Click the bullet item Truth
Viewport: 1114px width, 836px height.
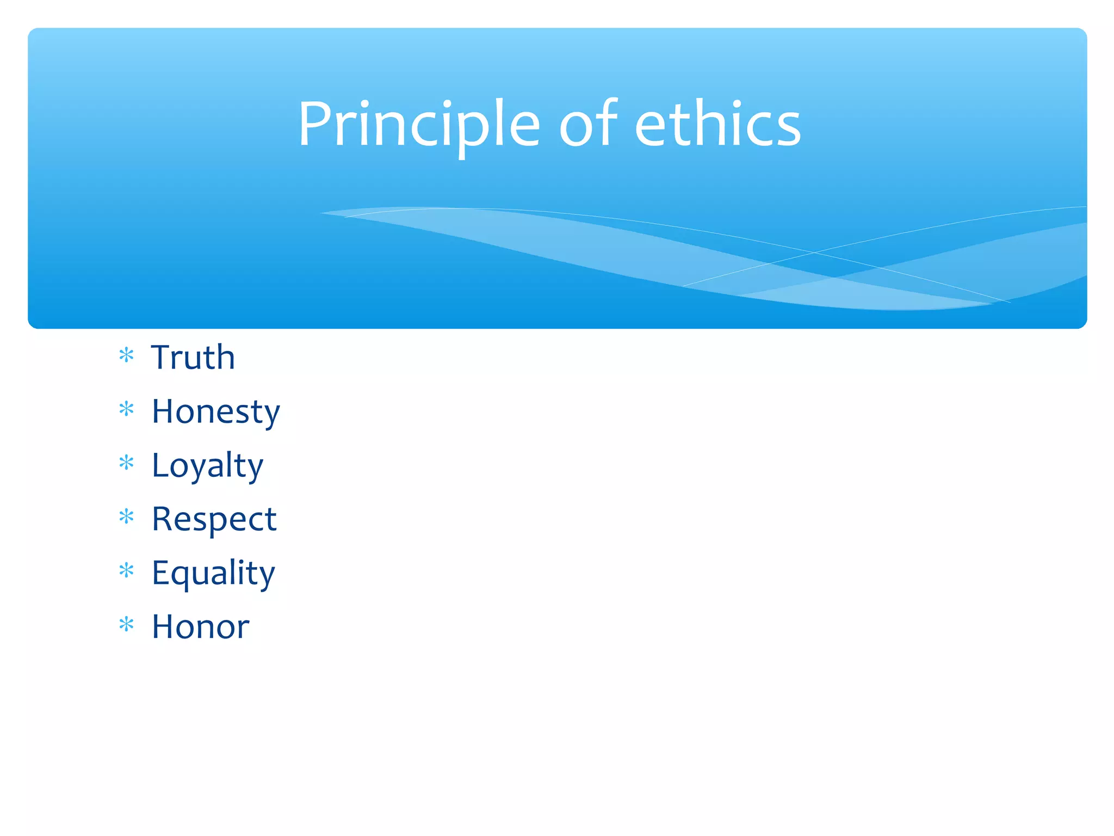193,358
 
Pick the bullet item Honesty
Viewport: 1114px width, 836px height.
215,411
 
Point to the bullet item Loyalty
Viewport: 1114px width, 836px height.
207,465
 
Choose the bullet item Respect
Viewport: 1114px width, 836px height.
214,519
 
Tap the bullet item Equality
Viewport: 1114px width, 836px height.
213,573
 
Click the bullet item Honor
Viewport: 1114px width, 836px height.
200,627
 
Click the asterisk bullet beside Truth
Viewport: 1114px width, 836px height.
126,355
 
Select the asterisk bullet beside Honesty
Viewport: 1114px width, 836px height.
126,409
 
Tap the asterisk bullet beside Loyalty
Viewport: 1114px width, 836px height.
126,463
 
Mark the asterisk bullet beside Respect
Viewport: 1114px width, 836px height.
126,517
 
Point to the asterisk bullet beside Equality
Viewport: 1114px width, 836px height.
126,570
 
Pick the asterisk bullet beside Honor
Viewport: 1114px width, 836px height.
126,624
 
